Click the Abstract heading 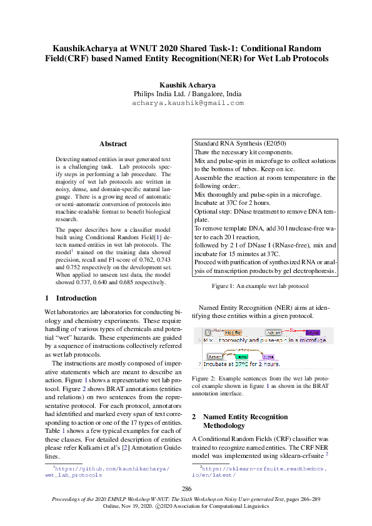[x=113, y=144]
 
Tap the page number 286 [x=186, y=489]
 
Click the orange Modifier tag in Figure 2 [x=233, y=332]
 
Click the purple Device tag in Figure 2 [x=313, y=332]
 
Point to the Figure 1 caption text [x=260, y=285]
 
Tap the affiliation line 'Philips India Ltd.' [x=186, y=94]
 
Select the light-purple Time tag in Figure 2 [x=268, y=356]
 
